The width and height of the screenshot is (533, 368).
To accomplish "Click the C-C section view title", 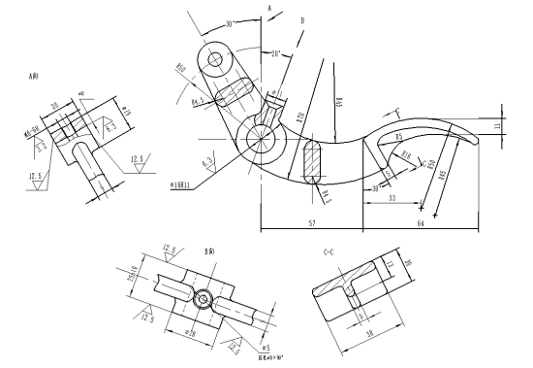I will click(x=330, y=252).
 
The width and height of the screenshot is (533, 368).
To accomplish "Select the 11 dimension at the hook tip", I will click(x=498, y=126).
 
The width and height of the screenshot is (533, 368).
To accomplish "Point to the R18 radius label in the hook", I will click(x=406, y=153).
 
